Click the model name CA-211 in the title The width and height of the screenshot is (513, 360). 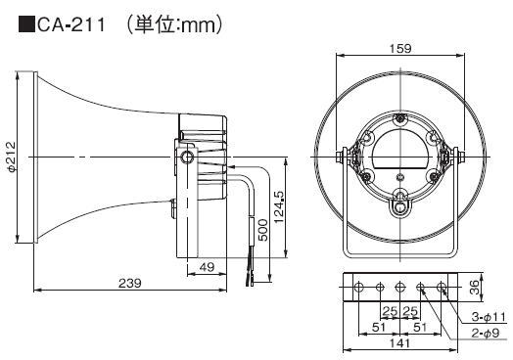point(71,24)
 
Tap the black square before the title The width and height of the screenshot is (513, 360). point(26,24)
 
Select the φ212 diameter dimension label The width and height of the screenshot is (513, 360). point(12,157)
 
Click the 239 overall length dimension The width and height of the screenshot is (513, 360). point(130,283)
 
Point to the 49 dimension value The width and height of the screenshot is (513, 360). point(207,267)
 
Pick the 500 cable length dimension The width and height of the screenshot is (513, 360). point(262,230)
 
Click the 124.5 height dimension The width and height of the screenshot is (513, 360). point(279,207)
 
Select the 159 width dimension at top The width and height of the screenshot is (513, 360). point(400,48)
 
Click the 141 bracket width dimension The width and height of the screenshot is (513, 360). point(399,343)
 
